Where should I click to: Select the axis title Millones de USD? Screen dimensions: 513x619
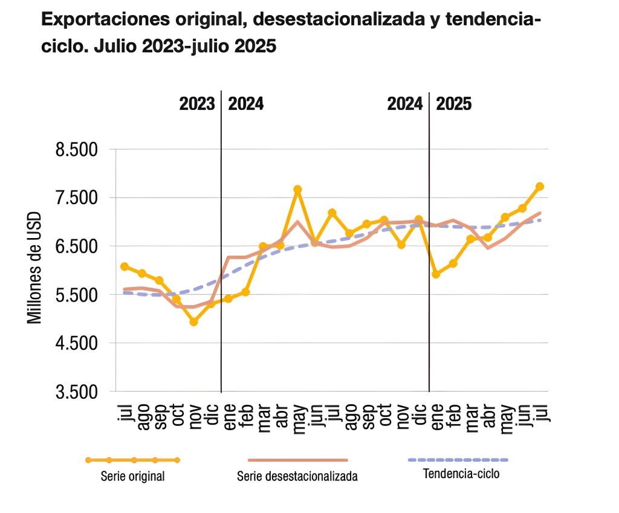(35, 267)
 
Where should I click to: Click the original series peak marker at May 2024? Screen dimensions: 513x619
(297, 190)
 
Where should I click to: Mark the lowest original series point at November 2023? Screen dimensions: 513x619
(193, 322)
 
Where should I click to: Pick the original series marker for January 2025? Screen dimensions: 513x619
(436, 274)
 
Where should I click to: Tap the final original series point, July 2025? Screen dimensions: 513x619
(540, 186)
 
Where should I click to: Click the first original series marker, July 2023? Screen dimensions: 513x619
(124, 266)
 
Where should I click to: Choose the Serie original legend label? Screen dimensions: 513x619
(132, 476)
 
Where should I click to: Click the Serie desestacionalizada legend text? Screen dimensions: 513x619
(297, 477)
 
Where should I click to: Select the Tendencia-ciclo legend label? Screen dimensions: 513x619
(462, 474)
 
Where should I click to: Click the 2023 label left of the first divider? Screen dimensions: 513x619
(197, 104)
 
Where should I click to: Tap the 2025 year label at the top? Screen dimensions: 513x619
(454, 104)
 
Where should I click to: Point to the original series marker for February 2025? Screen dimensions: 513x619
(453, 263)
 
